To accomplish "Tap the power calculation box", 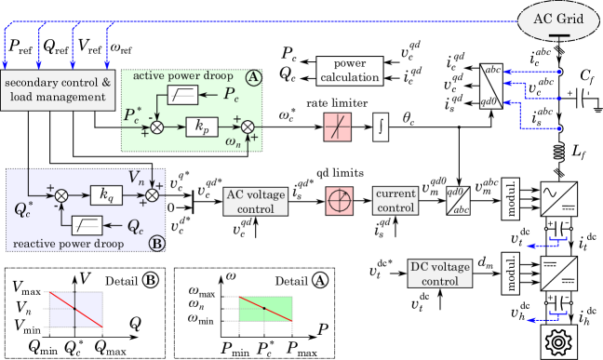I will tap(350, 71).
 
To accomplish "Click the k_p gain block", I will tap(201, 127).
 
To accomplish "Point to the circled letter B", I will tap(156, 244).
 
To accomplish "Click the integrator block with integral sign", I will tap(380, 127).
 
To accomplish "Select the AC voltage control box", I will tap(256, 201).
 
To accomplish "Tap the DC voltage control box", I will tap(440, 273).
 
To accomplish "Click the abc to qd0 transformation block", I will tap(491, 87).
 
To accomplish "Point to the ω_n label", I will tap(234, 141).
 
